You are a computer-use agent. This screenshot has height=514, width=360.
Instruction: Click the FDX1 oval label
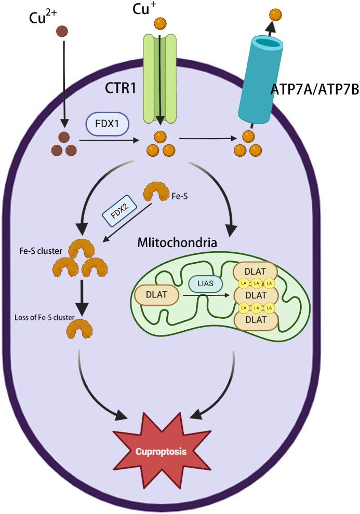point(107,125)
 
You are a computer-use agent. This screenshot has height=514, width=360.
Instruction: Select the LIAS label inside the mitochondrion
point(206,283)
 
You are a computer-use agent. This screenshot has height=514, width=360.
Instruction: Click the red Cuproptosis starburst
point(161,451)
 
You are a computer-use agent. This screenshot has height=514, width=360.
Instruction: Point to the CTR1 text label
point(121,88)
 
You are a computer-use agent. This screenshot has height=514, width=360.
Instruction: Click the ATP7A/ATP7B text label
point(314,89)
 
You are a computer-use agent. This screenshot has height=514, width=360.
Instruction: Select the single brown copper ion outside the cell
point(62,32)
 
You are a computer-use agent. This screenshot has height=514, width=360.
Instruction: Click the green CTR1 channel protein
point(160,79)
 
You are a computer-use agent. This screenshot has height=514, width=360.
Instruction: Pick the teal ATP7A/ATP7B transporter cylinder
point(260,79)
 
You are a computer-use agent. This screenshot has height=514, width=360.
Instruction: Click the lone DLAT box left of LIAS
point(156,295)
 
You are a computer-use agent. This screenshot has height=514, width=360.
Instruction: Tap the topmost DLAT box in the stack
point(256,271)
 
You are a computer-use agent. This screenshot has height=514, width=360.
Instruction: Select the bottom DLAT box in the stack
point(256,320)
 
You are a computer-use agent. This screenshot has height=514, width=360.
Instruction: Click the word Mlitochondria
point(177,242)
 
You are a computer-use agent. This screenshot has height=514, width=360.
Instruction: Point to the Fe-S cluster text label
point(41,251)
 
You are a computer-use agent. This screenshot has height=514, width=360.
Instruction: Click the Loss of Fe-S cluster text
point(45,317)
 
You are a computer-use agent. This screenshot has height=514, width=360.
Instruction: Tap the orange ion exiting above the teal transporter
point(275,15)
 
